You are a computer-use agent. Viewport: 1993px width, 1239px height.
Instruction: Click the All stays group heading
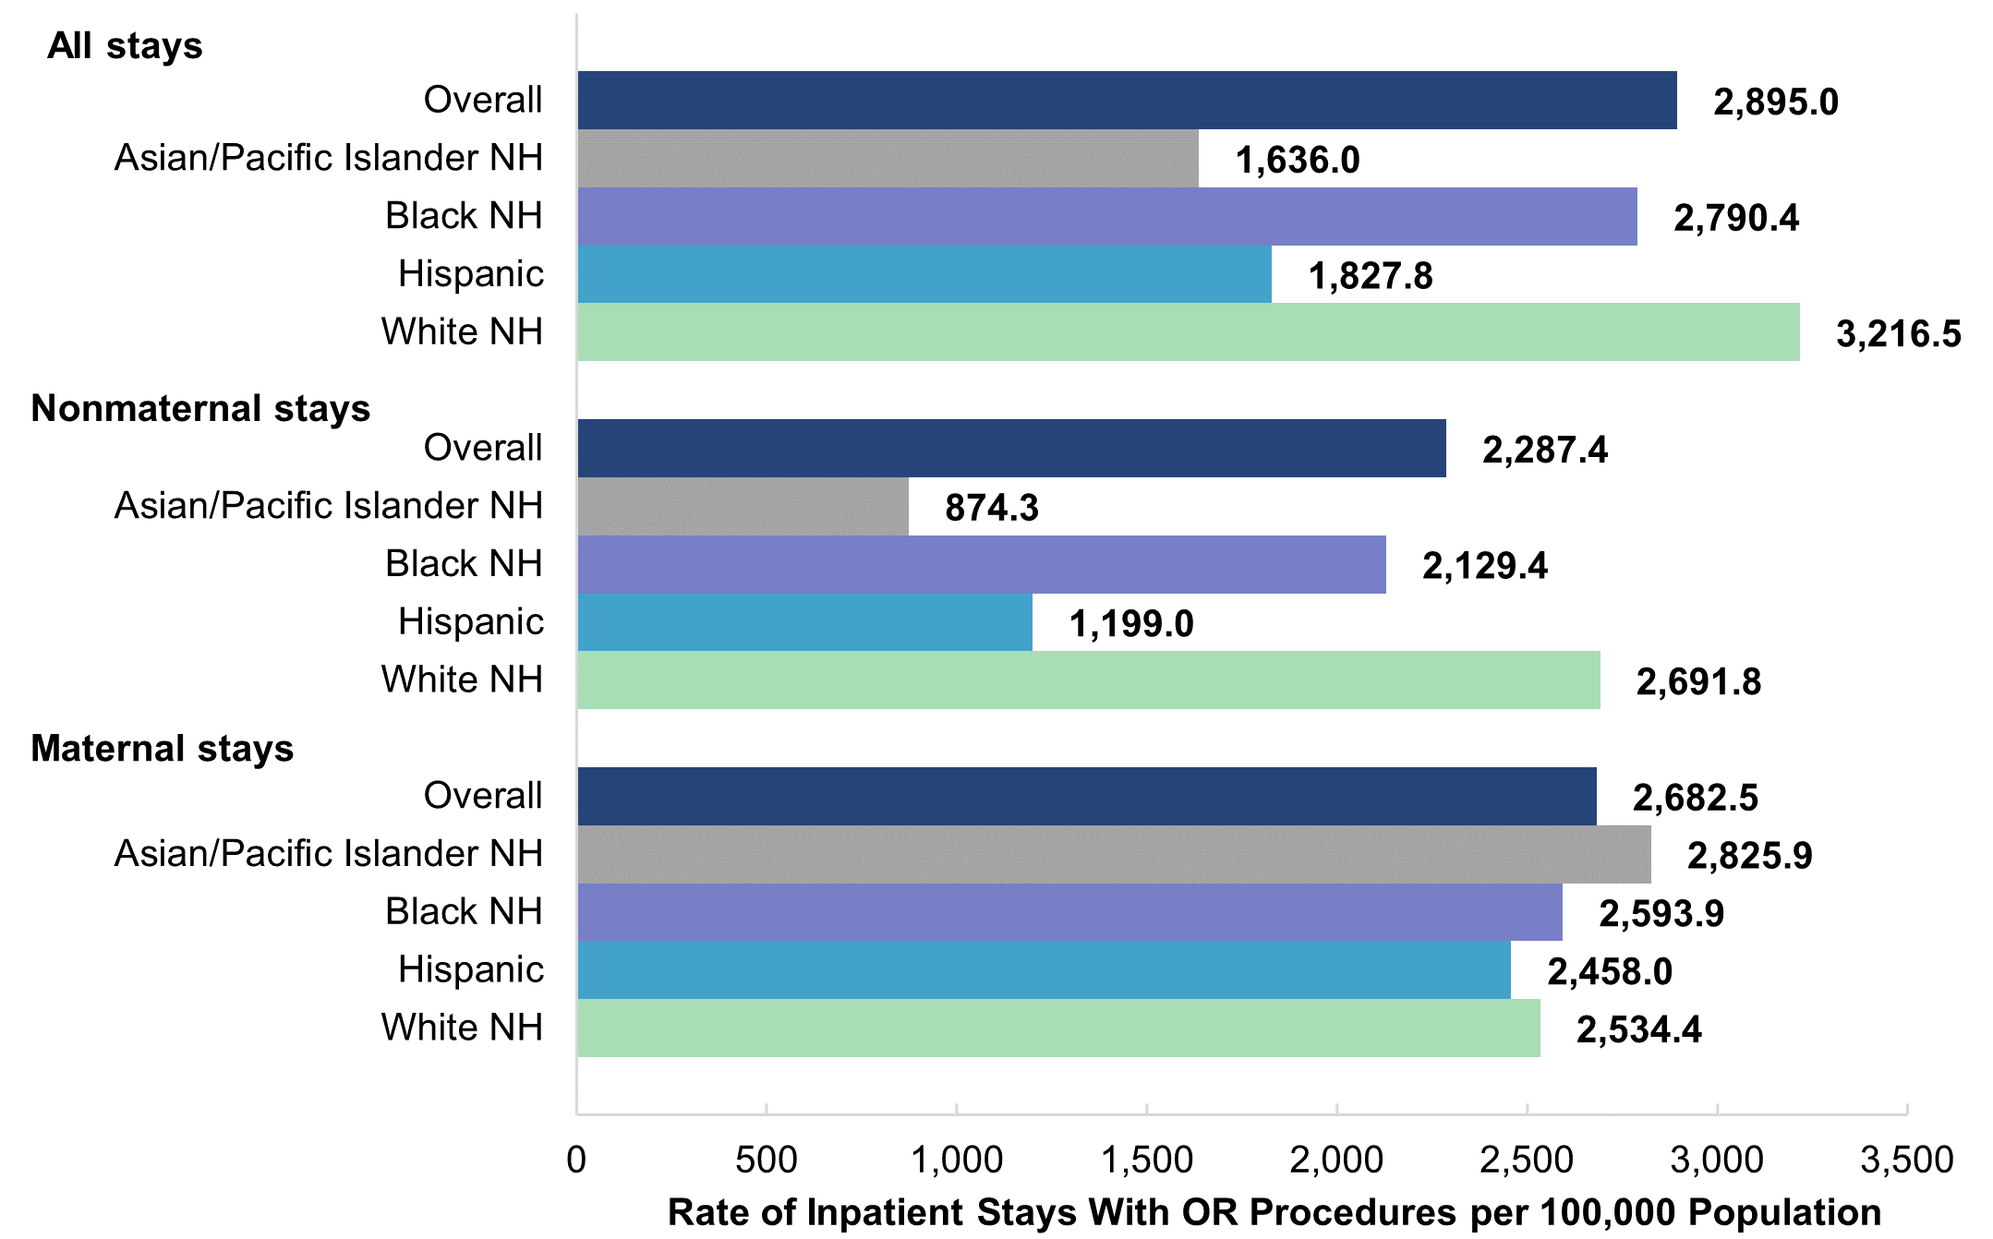(125, 45)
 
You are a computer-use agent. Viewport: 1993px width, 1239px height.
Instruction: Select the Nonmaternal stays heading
(200, 408)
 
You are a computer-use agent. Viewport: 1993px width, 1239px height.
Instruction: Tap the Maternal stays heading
(162, 748)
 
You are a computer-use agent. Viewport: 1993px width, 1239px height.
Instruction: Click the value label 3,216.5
(1898, 333)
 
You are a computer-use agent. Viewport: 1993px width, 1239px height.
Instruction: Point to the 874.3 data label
(991, 507)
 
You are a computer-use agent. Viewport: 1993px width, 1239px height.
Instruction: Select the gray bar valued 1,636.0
(888, 159)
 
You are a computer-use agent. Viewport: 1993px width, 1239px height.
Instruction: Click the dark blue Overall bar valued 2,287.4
(1011, 449)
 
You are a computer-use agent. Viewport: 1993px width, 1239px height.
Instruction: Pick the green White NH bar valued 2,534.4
(1058, 1028)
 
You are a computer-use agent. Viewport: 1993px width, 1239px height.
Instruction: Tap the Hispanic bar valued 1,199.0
(804, 622)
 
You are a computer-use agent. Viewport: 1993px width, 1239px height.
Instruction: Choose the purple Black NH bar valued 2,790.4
(1106, 217)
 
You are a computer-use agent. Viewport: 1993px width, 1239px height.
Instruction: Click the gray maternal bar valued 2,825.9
(1114, 854)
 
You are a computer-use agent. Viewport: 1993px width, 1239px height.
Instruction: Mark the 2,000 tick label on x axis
(1336, 1160)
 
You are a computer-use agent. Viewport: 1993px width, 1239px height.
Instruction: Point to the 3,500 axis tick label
(1906, 1160)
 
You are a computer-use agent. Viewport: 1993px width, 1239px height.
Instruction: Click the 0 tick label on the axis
(576, 1160)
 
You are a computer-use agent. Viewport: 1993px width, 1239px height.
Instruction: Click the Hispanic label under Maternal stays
(471, 969)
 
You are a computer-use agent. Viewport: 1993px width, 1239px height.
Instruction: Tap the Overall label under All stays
(483, 100)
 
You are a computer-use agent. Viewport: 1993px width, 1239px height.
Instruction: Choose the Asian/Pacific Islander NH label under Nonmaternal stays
(328, 506)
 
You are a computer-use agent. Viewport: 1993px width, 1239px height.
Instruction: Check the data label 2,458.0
(1610, 971)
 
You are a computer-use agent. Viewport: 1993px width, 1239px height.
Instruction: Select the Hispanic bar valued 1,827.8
(924, 274)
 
